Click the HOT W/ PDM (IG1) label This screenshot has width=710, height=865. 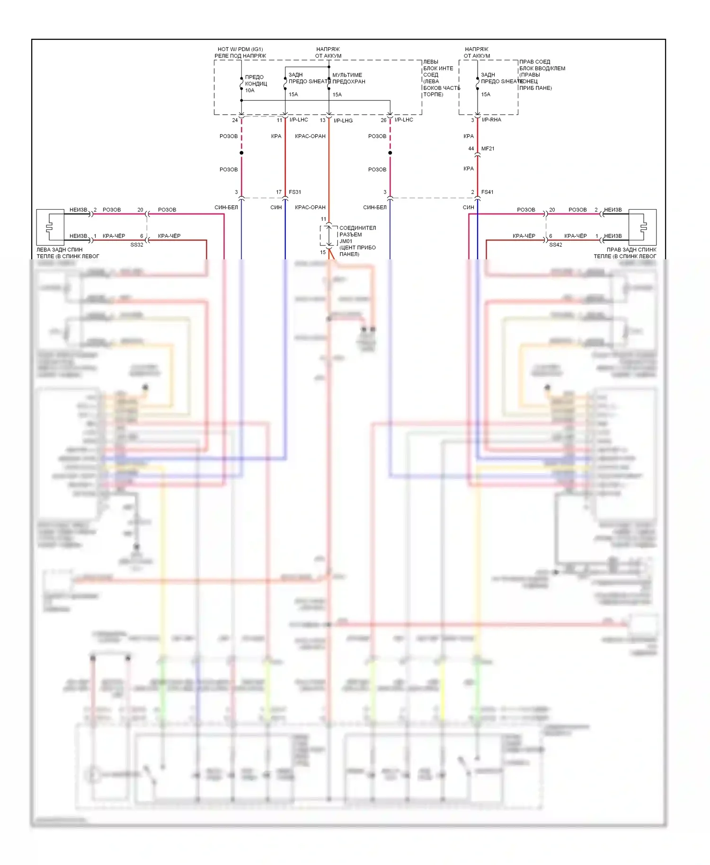(240, 49)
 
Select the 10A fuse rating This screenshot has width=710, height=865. (249, 90)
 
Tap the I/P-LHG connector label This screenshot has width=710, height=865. (343, 121)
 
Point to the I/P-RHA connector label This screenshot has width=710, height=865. (491, 120)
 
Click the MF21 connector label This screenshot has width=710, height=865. (488, 149)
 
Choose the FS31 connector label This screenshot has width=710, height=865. (295, 192)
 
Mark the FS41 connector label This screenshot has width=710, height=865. (487, 192)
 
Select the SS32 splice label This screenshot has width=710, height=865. (137, 245)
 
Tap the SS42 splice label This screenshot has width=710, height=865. (556, 245)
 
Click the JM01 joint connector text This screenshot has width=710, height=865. (346, 241)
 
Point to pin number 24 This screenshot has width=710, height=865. (235, 120)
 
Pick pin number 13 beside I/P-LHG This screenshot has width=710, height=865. (323, 120)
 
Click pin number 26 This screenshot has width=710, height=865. (383, 120)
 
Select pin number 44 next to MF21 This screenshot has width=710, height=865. (471, 149)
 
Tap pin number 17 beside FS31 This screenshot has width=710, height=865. (279, 192)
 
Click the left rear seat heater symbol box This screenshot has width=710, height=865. (50, 227)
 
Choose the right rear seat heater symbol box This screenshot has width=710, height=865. (642, 227)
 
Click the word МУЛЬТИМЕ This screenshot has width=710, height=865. (347, 75)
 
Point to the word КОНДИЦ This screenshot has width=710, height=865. (256, 84)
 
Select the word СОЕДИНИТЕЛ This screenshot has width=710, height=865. (357, 228)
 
